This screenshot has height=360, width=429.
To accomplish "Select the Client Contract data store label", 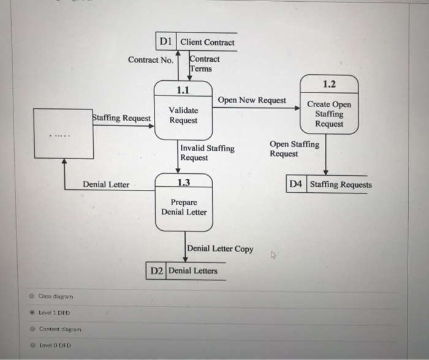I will point(207,42).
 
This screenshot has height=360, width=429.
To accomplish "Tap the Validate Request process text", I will point(183,115).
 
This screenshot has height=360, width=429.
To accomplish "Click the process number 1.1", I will point(183,90).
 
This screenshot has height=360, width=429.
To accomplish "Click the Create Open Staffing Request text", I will point(329,114).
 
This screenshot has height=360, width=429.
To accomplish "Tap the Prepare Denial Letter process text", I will point(184,207).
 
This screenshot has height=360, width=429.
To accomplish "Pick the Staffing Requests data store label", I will point(341,184).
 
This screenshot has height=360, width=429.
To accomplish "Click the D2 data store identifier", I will point(156,271).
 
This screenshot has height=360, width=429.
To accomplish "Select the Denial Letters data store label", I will point(192,271).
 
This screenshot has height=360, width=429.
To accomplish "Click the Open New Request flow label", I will point(251,100).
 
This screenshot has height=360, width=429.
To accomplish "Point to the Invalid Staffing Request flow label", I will point(207,153).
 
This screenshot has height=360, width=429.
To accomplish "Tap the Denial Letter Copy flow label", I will point(219,249).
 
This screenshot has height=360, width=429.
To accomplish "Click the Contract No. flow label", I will point(151,60).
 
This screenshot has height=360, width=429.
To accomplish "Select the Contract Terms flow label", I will point(205,64).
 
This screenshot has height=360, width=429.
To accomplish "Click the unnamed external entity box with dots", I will point(63,133).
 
